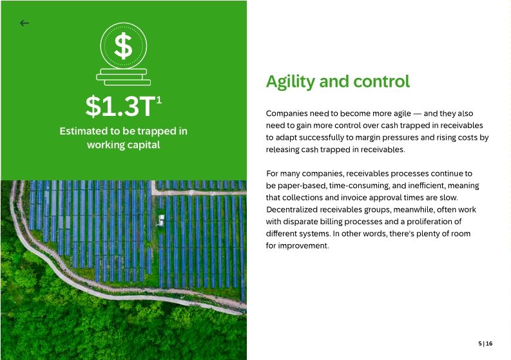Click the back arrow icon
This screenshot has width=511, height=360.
[x=24, y=23]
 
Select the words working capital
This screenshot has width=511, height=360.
[x=123, y=144]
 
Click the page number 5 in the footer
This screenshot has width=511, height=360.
[x=480, y=344]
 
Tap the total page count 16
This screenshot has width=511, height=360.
[x=489, y=344]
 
